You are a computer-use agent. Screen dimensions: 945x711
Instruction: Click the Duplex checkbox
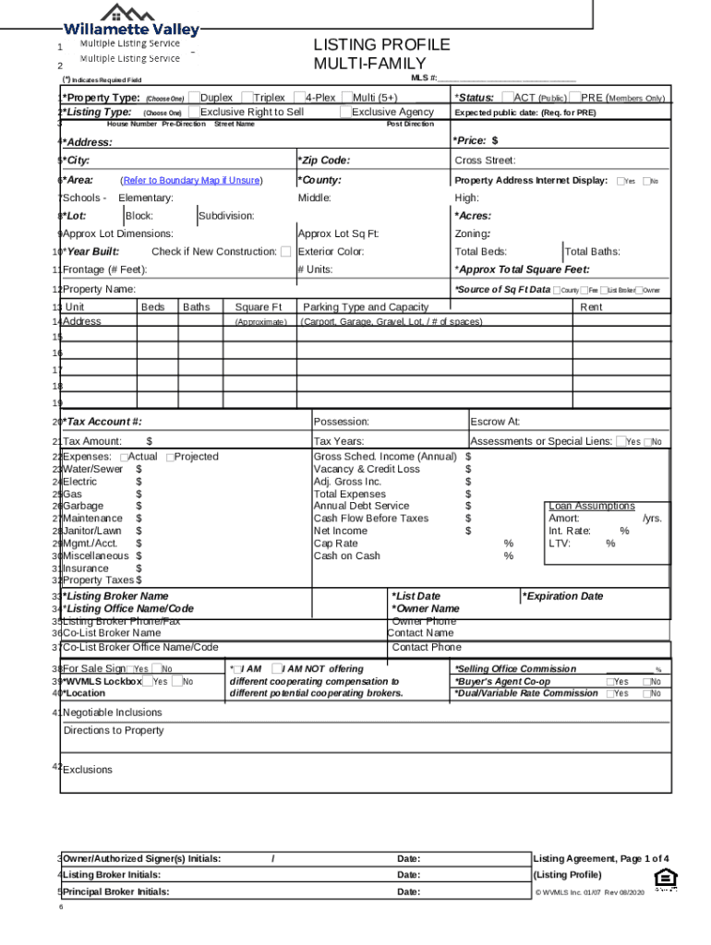tap(194, 98)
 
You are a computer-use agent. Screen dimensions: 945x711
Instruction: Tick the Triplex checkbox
tap(247, 98)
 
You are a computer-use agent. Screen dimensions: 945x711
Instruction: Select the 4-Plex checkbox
tap(299, 98)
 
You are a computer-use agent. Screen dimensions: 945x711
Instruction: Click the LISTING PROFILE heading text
tap(381, 45)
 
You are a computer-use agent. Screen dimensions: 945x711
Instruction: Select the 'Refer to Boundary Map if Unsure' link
tap(191, 181)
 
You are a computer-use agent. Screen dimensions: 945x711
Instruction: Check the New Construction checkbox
tap(286, 252)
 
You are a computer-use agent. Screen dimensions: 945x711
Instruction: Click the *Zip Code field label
tap(323, 161)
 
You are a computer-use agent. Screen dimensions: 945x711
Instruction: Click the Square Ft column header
tap(258, 306)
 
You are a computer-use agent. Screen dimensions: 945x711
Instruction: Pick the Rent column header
tap(591, 306)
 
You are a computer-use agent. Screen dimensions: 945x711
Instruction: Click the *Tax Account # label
tap(102, 422)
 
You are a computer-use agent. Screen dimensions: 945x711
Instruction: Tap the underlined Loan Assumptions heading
tap(591, 507)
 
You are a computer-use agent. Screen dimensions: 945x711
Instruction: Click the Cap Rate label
tap(335, 544)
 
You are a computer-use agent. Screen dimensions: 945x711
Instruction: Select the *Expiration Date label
tap(563, 596)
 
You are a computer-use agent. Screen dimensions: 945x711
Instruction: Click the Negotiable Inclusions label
tap(112, 712)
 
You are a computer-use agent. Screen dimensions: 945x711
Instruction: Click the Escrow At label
tap(495, 422)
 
